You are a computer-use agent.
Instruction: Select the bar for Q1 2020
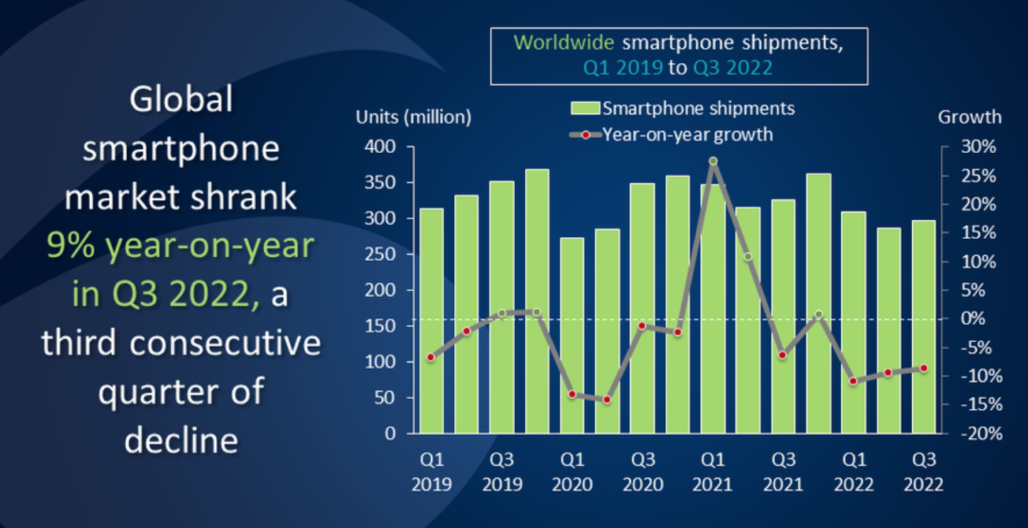(572, 335)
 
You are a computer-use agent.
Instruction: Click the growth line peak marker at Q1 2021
(713, 161)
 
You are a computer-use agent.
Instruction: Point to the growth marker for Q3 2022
(924, 368)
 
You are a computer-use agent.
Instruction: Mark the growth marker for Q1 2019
(430, 358)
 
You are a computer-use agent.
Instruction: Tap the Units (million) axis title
(413, 117)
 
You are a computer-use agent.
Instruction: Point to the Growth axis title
(970, 117)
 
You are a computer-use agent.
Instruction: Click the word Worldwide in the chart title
(561, 43)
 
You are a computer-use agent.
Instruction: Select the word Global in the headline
(181, 100)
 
